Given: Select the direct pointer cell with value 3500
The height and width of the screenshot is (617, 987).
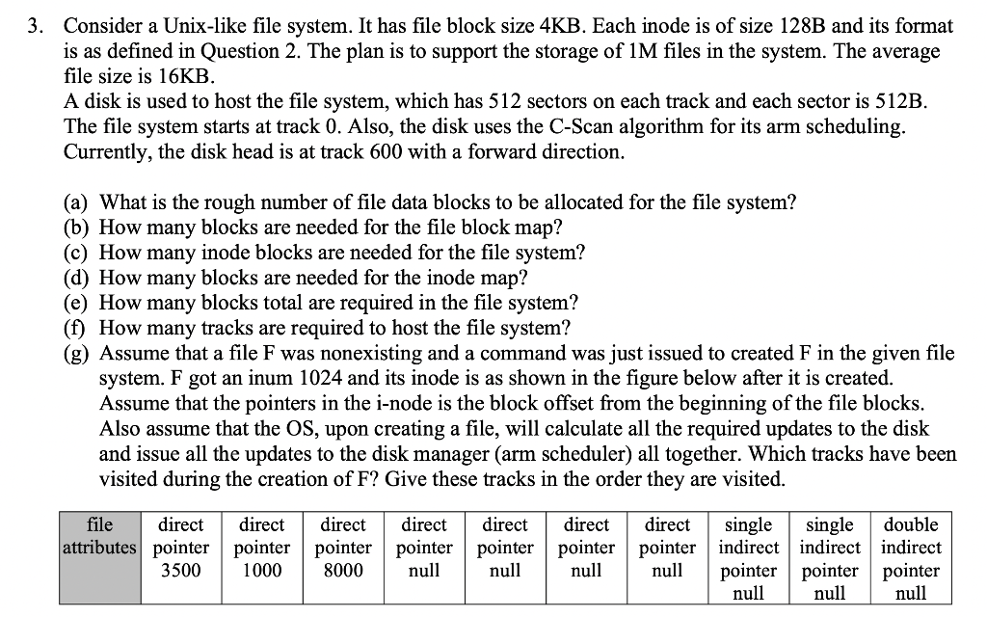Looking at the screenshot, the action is point(180,548).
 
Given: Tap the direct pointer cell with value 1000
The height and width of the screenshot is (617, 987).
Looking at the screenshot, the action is point(261,548).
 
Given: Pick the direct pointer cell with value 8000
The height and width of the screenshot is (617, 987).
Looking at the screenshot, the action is point(343,548).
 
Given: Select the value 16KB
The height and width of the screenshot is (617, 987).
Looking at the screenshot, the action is point(188,76).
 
